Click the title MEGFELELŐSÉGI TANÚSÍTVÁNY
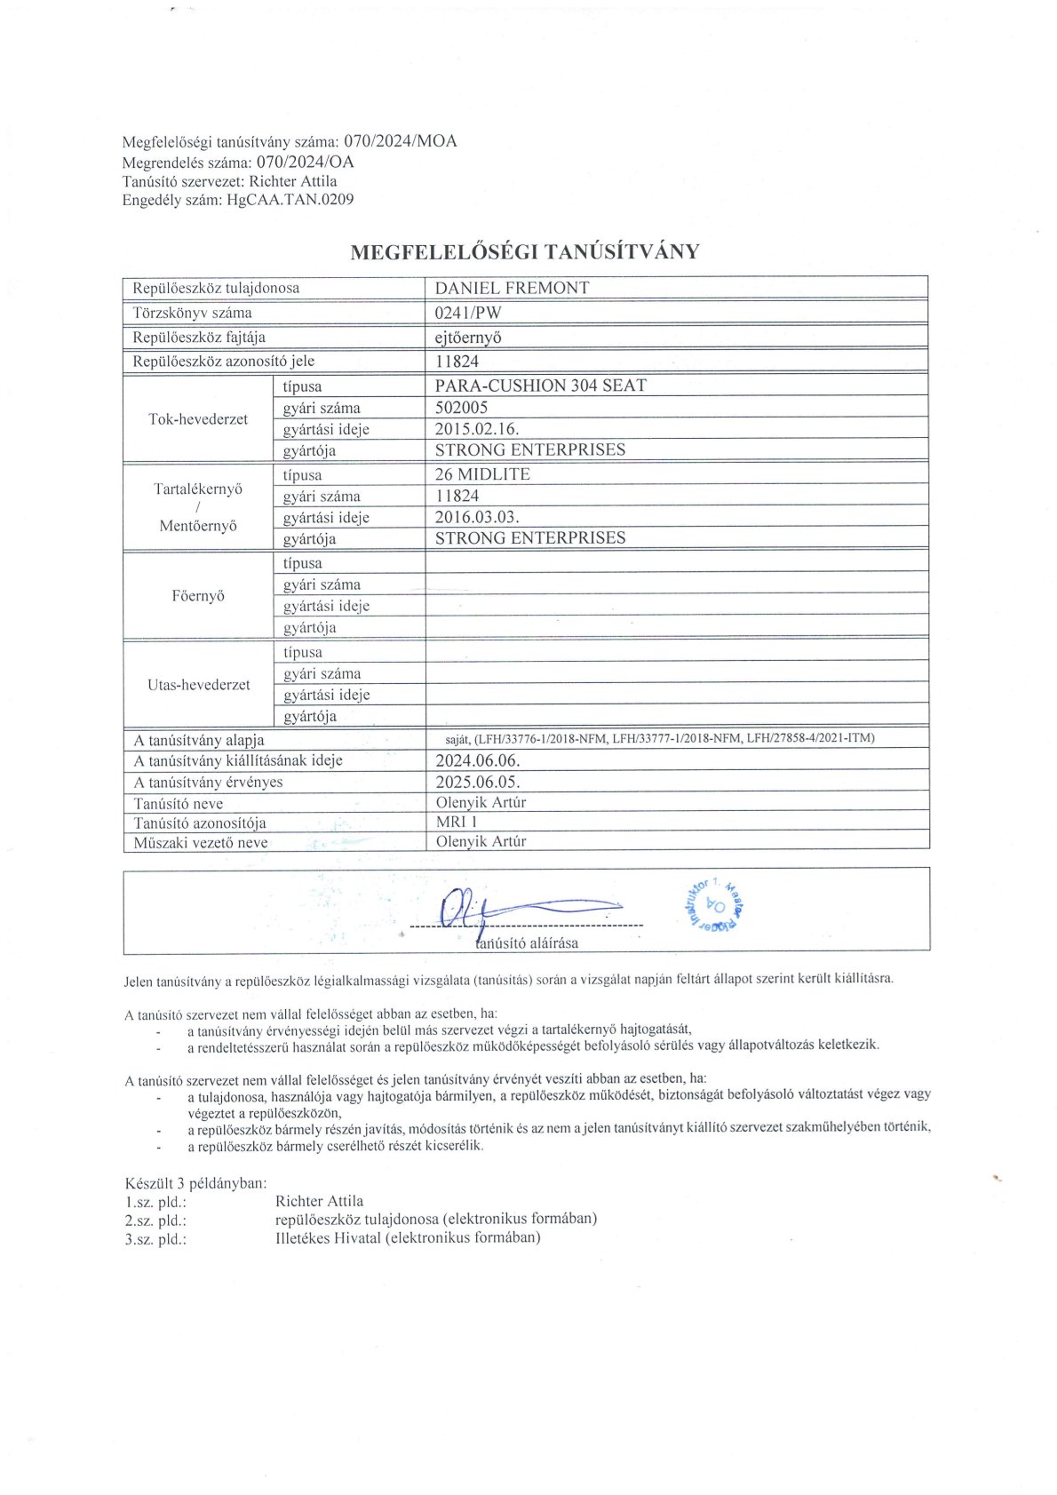(525, 251)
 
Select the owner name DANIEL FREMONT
(512, 288)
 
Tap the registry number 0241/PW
(468, 313)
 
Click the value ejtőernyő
(469, 338)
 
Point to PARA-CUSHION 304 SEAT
(540, 386)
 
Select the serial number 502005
(461, 408)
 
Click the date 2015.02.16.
(477, 429)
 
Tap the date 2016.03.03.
(477, 517)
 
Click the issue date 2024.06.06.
(478, 760)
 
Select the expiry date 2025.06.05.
(478, 783)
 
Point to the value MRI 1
(457, 822)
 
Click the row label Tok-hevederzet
(198, 419)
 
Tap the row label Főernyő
(198, 596)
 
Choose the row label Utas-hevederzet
(198, 685)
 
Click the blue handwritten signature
(515, 908)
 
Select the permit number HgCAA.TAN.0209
(290, 200)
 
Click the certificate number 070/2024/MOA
(400, 141)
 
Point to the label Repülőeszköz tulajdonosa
(216, 288)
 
